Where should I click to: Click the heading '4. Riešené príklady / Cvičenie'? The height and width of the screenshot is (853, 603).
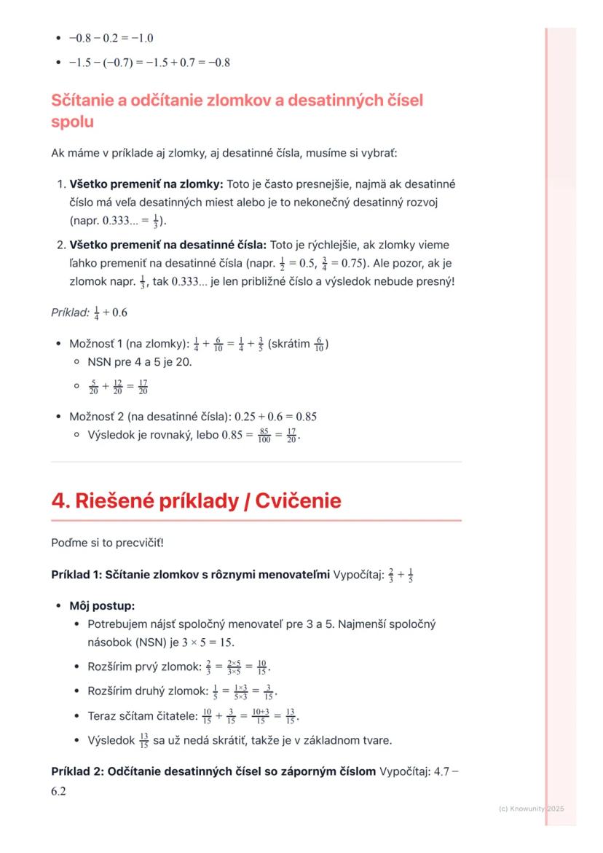pos(196,501)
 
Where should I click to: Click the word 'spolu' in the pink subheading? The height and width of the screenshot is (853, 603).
pos(72,122)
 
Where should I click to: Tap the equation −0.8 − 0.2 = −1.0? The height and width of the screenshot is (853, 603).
pos(111,39)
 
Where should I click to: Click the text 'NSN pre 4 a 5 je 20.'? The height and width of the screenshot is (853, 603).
pos(140,361)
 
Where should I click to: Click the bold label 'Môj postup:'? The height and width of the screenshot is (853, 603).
pos(102,605)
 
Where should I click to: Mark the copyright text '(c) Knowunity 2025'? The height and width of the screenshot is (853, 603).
pos(531,809)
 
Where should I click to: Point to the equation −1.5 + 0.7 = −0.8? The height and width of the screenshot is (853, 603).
pos(185,63)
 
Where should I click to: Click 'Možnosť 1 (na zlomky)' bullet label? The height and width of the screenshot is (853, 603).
pos(128,344)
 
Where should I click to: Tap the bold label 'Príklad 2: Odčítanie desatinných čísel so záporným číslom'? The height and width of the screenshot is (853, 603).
pos(213,771)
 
